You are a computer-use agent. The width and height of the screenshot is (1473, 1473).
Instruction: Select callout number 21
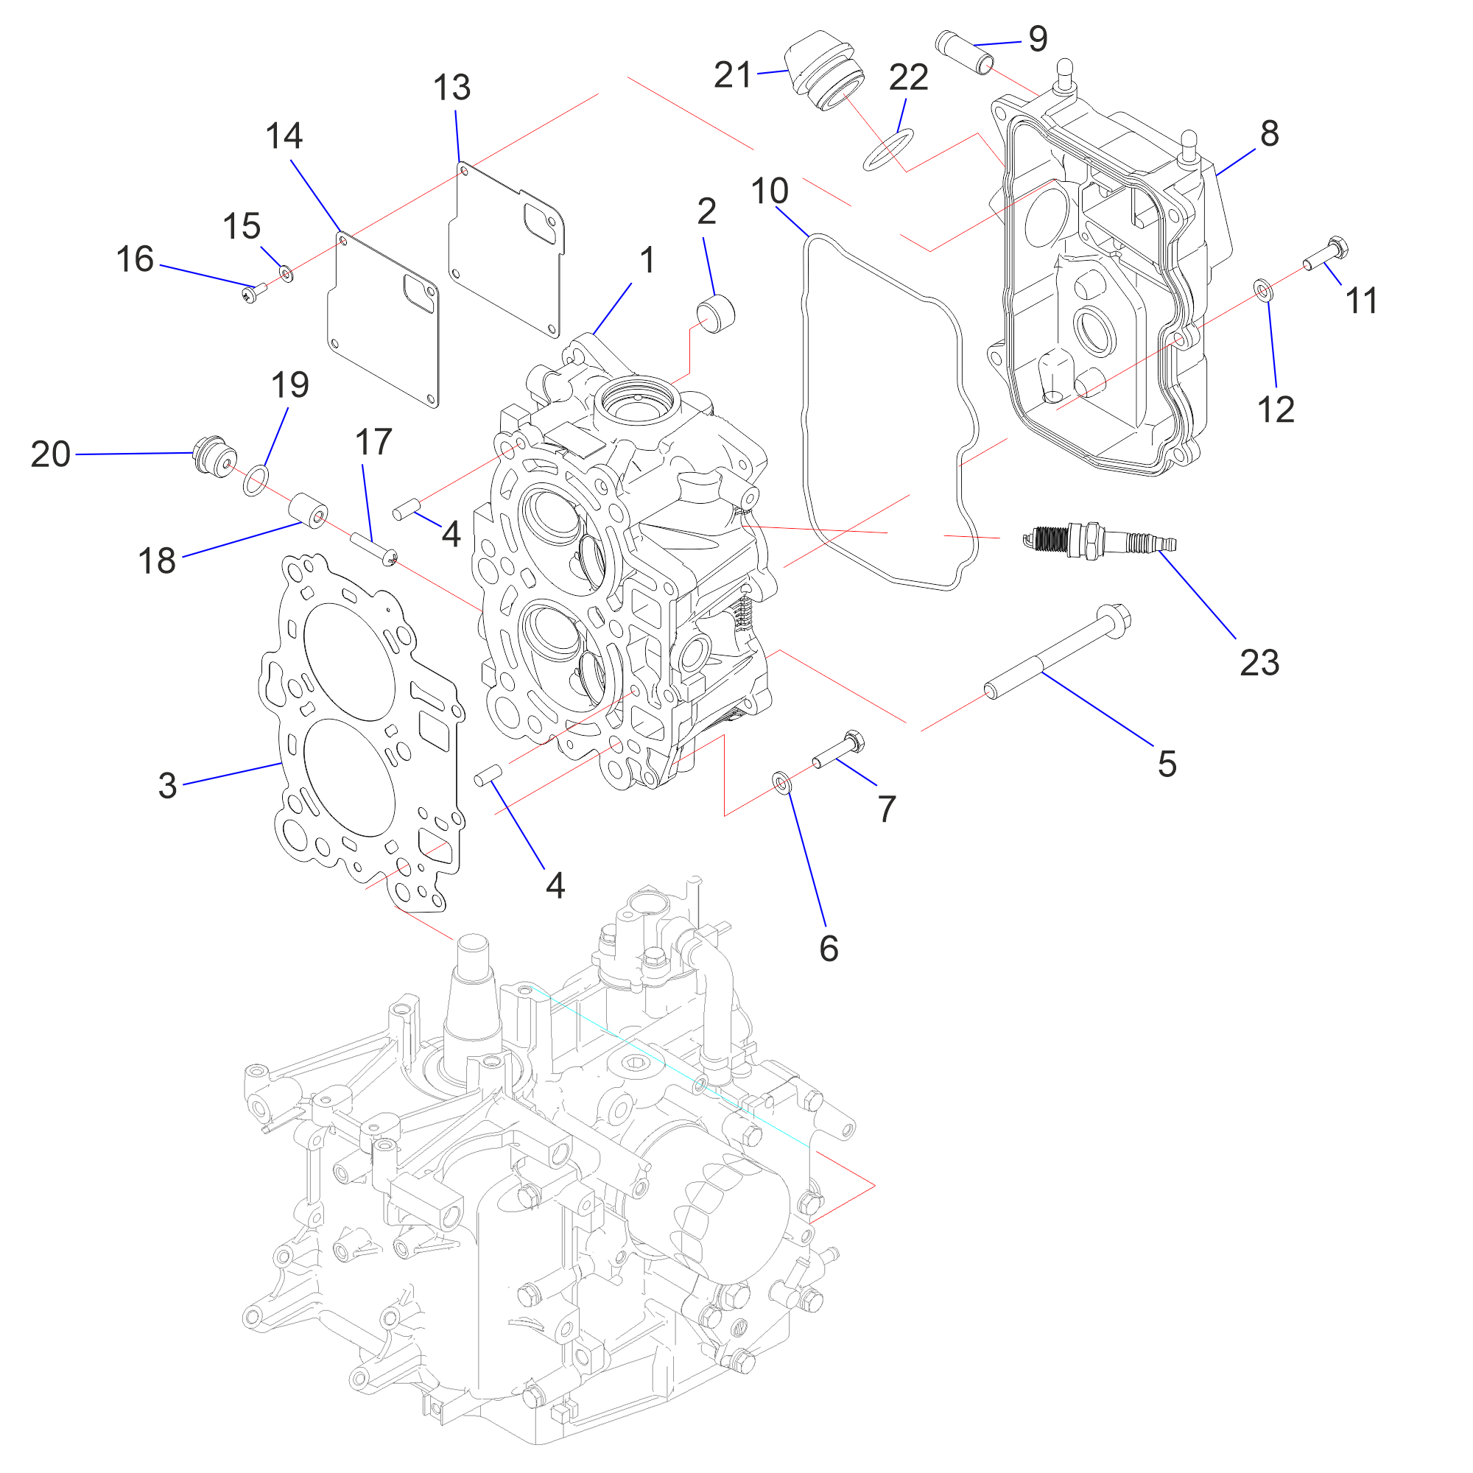(x=733, y=75)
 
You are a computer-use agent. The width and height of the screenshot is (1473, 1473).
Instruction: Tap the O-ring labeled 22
(x=888, y=150)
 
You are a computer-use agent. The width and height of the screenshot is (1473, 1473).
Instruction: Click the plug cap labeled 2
(x=716, y=312)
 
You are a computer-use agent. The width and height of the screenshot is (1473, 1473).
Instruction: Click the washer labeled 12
(x=1262, y=289)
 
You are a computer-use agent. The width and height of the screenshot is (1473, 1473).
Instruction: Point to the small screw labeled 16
(x=254, y=293)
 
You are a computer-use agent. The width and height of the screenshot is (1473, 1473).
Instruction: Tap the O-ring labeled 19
(x=256, y=480)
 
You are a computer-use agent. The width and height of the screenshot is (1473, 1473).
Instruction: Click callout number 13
(x=451, y=87)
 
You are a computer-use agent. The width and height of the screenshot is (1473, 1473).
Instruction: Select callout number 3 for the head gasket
(x=167, y=785)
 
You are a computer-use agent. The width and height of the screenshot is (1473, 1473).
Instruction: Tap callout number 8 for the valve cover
(x=1269, y=133)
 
